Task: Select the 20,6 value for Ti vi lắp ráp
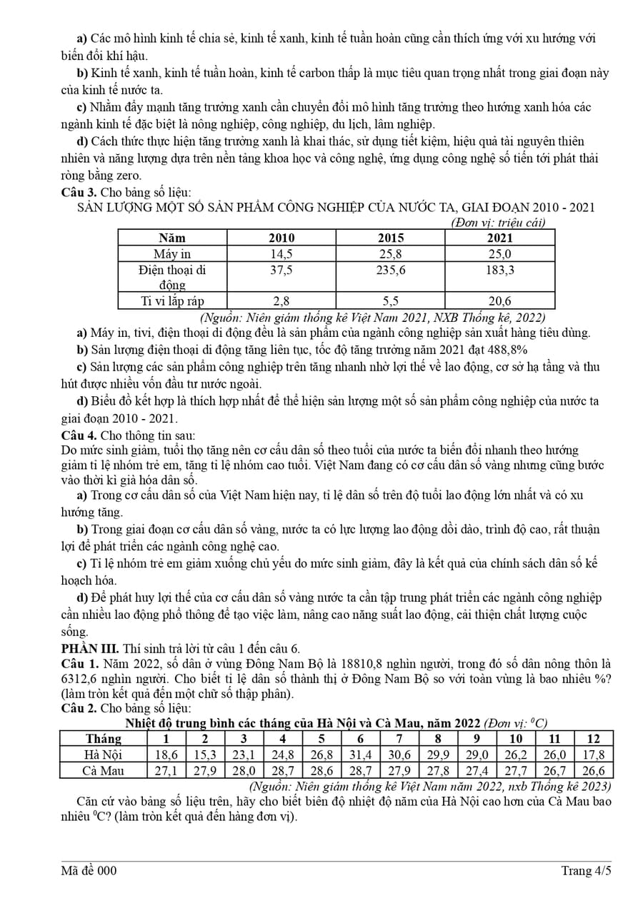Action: coord(499,301)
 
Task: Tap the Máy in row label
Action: coord(172,253)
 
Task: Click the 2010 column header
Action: coord(281,238)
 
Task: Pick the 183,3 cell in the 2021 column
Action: coord(499,270)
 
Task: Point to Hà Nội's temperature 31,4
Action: coord(360,755)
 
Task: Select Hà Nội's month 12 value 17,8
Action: coord(592,755)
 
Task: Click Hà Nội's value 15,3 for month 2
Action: coord(205,755)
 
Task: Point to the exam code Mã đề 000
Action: coord(89,870)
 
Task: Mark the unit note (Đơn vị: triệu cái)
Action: coord(498,223)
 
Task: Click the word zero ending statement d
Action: coord(127,176)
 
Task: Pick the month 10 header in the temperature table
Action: coord(516,739)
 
